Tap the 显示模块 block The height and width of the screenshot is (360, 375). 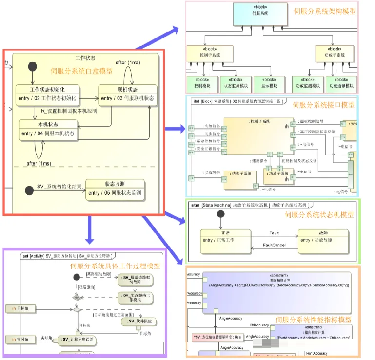coord(269,83)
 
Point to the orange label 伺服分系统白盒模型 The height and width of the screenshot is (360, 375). coord(81,71)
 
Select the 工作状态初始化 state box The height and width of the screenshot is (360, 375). coord(47,95)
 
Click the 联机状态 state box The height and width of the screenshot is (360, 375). coord(127,95)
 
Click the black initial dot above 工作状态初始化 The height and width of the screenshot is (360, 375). coord(33,67)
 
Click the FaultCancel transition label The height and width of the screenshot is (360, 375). coord(274,245)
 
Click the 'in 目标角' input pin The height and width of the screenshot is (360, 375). coord(18,308)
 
